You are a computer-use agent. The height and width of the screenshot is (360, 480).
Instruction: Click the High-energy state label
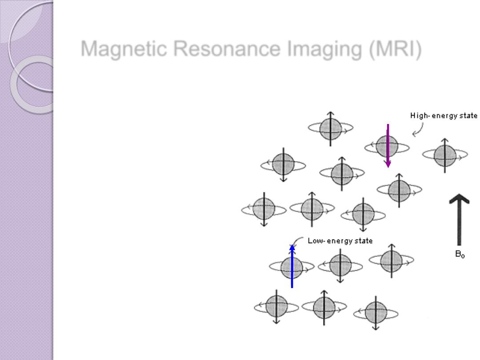coord(444,116)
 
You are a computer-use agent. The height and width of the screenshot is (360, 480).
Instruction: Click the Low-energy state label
coord(340,241)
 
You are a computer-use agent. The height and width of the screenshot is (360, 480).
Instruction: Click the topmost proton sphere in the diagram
coord(331,128)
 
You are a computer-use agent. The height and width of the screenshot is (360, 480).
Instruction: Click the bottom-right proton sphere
coord(376,313)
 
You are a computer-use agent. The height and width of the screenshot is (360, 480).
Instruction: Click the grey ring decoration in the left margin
coord(33,84)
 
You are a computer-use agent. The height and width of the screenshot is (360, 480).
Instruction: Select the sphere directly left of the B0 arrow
coord(399,191)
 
